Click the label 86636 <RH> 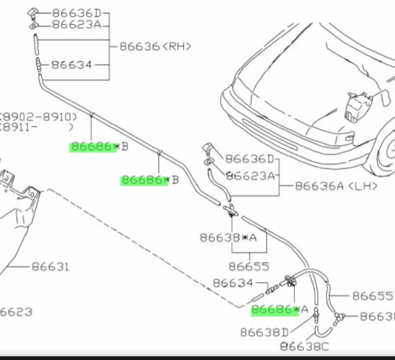click(155, 46)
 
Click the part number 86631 click(51, 267)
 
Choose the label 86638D click(264, 332)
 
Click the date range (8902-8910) click(39, 117)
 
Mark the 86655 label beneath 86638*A click(249, 267)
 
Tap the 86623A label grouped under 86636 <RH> click(77, 25)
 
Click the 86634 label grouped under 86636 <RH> click(72, 65)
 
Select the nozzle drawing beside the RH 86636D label click(34, 12)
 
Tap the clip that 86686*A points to click(289, 282)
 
